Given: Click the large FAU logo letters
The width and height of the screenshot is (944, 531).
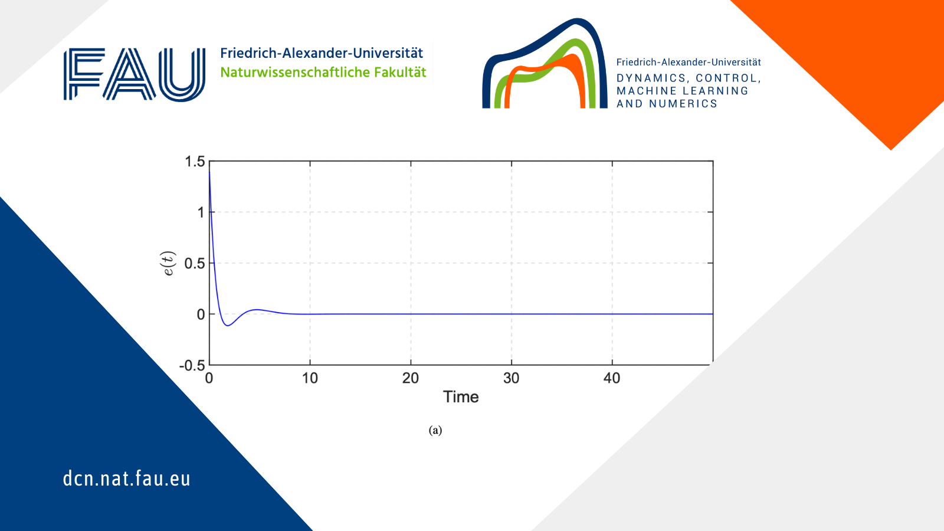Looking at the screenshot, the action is click(135, 74).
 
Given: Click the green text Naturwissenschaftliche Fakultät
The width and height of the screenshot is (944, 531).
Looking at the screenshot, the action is click(323, 73).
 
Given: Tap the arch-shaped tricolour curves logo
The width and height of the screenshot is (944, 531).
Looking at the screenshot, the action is click(545, 63).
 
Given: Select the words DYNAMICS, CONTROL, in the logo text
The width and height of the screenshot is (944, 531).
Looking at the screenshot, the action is click(689, 78).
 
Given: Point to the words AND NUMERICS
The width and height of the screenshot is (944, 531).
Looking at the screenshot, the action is click(667, 104).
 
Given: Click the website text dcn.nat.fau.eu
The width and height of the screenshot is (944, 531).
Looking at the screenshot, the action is click(126, 478).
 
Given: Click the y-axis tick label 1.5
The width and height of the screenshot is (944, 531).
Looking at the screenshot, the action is click(195, 162).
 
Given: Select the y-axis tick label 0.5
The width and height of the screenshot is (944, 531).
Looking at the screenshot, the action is click(195, 263).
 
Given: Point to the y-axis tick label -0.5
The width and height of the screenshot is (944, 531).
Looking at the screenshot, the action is click(192, 365).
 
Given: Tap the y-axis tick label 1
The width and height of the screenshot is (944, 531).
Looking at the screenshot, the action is click(201, 212).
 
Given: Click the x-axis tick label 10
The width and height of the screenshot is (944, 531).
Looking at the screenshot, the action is click(310, 378).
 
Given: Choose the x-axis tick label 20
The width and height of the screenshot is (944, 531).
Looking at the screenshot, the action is click(411, 378).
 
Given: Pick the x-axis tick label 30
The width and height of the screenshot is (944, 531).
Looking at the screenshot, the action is click(511, 378).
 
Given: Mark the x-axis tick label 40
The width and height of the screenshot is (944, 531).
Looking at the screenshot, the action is click(612, 378).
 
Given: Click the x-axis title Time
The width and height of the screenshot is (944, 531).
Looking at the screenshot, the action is click(461, 397).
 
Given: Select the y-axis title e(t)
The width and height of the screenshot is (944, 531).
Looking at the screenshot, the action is click(169, 263).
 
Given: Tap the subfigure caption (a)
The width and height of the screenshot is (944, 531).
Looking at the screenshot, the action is click(435, 430).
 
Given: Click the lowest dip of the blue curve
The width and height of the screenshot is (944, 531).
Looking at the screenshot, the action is click(228, 325).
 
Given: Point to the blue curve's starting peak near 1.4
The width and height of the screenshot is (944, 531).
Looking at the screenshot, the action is click(209, 172).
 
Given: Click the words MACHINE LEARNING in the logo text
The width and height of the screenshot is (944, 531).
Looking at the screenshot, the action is click(682, 91).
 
